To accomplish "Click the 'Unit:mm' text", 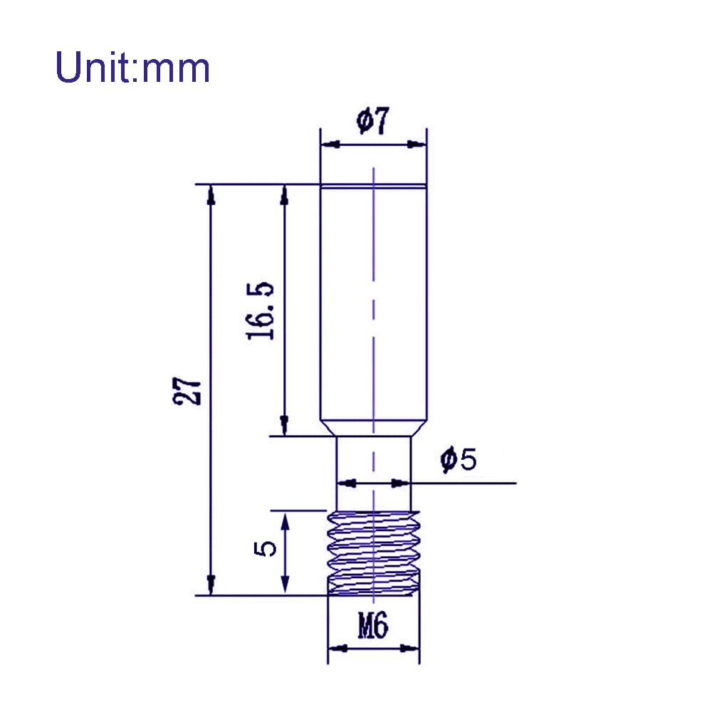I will pos(132,68).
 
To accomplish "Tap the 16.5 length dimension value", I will pos(260,310).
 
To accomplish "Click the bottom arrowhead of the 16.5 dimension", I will pos(285,425).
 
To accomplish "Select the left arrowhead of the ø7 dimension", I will pos(330,145).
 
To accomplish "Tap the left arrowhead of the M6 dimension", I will pos(337,649).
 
